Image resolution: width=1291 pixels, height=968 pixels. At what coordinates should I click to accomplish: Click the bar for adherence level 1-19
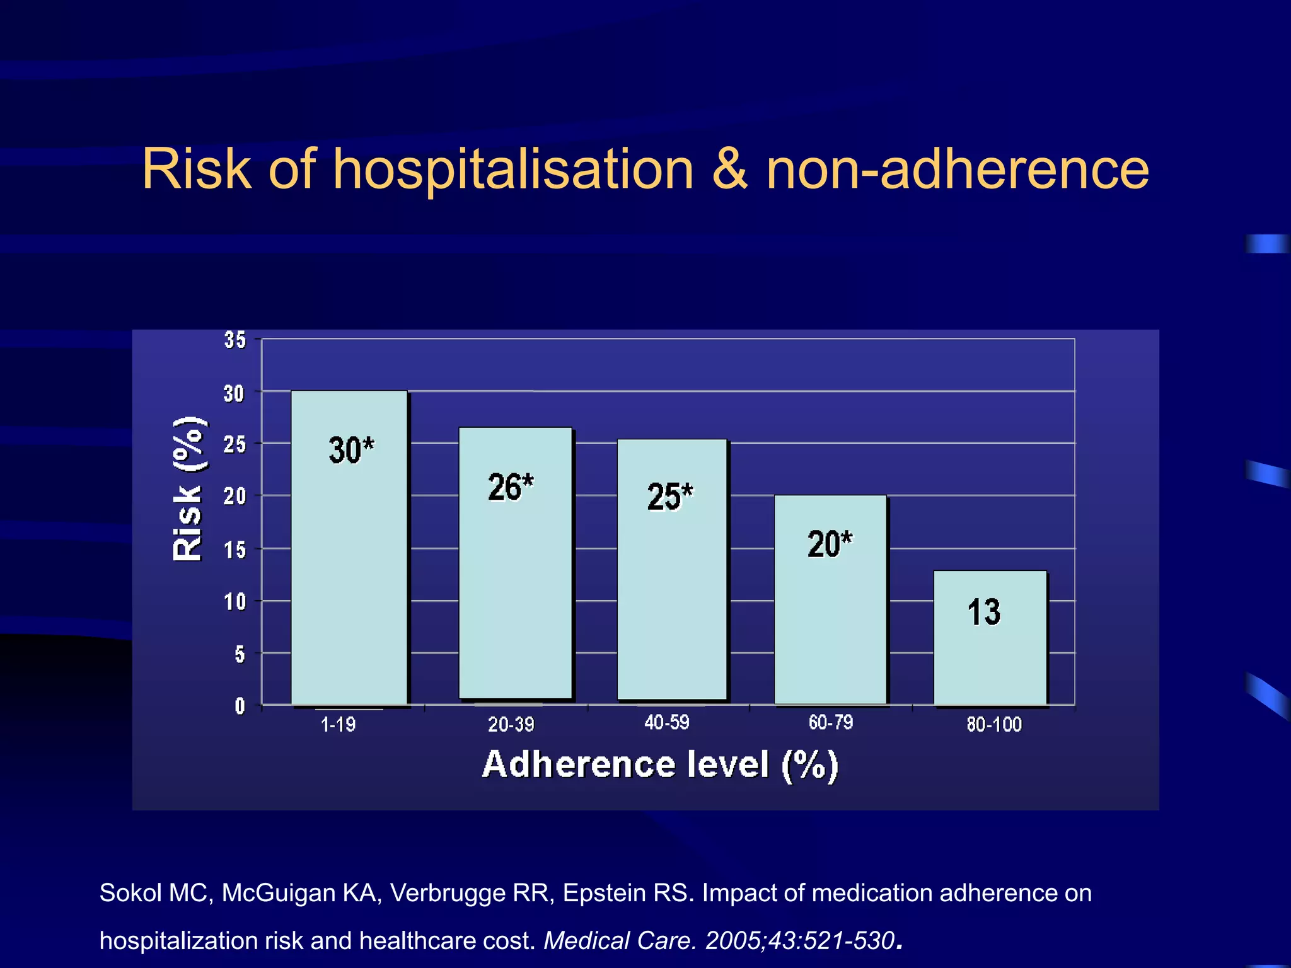[x=349, y=567]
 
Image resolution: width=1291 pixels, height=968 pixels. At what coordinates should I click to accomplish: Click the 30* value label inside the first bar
[x=351, y=450]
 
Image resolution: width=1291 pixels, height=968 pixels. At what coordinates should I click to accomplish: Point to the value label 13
[x=983, y=613]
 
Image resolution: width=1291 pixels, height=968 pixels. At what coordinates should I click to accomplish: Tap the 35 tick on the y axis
[x=235, y=340]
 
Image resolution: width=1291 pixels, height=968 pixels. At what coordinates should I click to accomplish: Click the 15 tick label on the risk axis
[x=235, y=550]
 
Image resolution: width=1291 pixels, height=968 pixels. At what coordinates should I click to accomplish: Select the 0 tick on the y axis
[x=240, y=706]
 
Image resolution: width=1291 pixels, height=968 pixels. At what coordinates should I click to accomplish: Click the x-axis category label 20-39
[x=511, y=725]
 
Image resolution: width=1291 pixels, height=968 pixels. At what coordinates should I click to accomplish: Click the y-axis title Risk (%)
[x=188, y=488]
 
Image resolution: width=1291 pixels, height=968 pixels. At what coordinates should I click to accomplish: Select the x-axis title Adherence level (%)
[x=660, y=765]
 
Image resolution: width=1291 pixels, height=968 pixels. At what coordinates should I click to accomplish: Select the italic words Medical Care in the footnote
[x=620, y=940]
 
